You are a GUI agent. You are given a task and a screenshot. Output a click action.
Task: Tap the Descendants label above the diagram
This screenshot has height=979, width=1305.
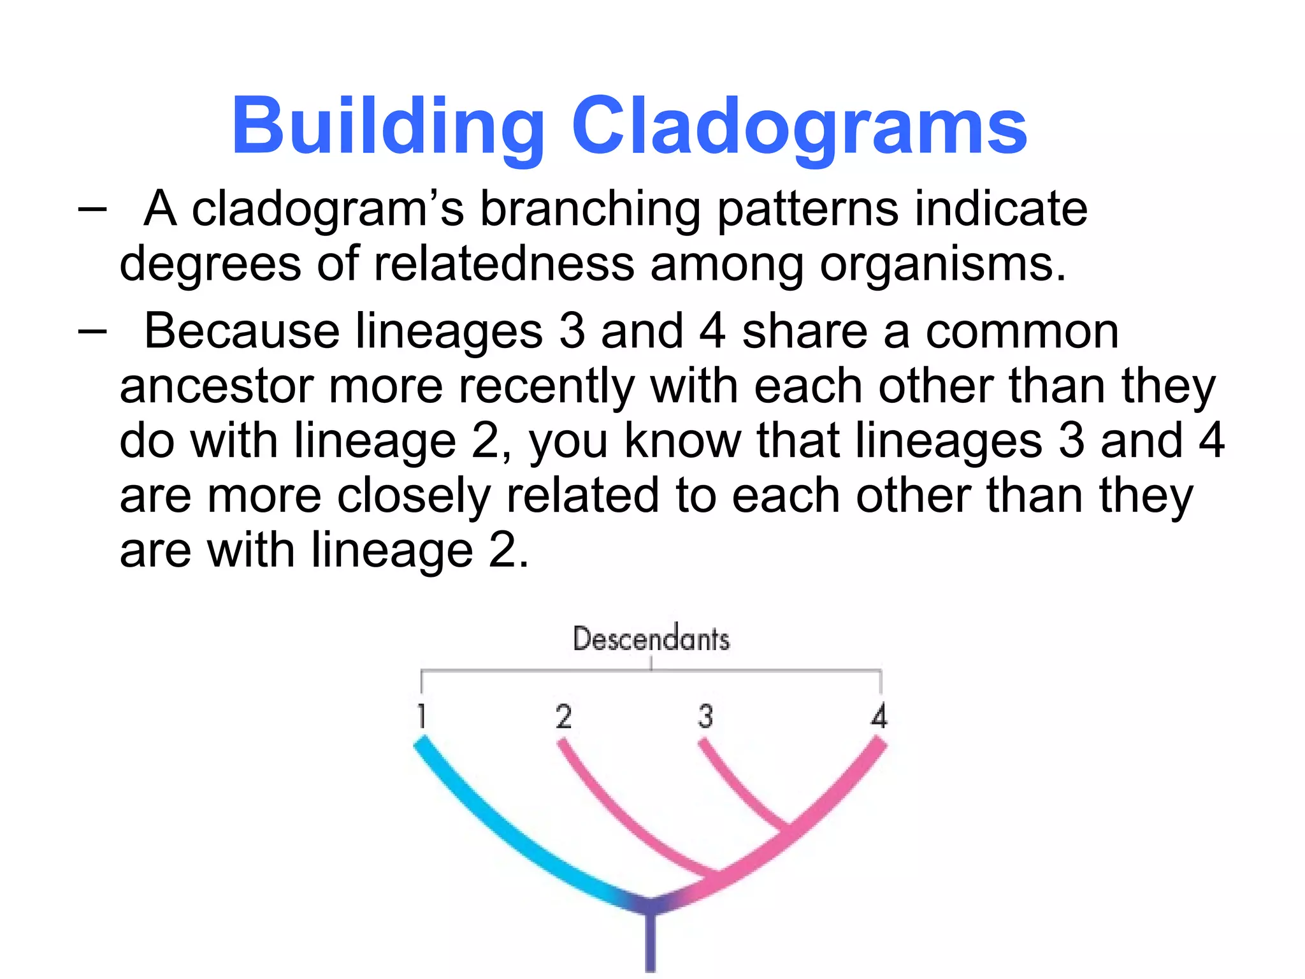[651, 639]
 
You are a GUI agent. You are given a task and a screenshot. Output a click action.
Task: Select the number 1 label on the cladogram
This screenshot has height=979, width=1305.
[421, 716]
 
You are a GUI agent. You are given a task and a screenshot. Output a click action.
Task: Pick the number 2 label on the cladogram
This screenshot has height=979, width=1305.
[563, 716]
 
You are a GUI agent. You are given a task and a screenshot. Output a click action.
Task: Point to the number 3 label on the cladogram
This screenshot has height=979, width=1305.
[705, 716]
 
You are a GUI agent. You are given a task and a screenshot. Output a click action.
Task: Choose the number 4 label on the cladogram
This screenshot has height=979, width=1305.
[879, 716]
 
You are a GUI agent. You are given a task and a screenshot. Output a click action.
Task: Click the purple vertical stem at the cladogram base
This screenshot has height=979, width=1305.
[650, 943]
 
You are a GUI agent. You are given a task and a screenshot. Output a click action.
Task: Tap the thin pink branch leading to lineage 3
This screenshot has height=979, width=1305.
[739, 787]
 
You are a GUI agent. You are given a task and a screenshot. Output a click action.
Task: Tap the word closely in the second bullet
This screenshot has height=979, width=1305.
[414, 496]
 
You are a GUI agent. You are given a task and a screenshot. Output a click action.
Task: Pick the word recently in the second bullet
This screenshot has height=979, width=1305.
[547, 386]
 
